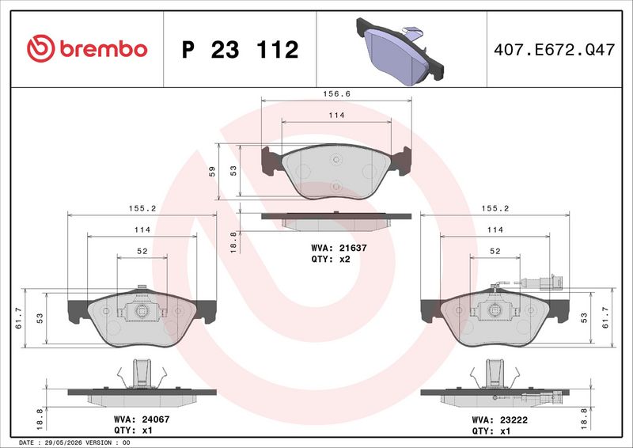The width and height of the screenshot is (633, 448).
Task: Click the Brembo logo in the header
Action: tap(87, 49)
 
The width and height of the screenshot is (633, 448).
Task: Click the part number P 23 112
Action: tap(241, 50)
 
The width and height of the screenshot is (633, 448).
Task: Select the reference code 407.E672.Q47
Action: tap(555, 50)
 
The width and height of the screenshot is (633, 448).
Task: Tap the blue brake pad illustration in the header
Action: tap(400, 51)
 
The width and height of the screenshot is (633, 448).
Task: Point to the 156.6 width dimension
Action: tap(337, 93)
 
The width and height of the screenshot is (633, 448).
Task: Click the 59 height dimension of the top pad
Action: tap(212, 171)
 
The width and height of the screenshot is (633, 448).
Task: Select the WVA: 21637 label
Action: tap(339, 248)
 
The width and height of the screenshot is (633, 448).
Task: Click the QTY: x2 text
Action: tap(330, 260)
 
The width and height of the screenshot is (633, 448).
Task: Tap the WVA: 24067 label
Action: tap(142, 420)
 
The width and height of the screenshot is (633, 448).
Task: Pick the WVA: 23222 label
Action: tap(499, 420)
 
